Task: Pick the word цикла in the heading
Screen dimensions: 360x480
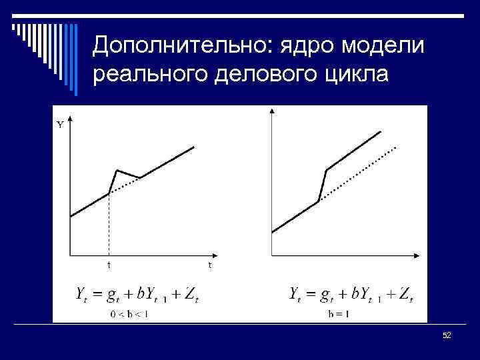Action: click(354, 74)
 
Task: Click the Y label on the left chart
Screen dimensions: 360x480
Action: click(59, 125)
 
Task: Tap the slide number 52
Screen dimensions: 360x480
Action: click(447, 336)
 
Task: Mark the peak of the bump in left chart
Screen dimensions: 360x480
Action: click(117, 170)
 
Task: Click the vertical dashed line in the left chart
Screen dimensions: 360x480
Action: click(109, 227)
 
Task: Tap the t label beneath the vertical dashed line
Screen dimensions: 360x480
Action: click(109, 264)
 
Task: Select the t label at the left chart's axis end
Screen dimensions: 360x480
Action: click(210, 264)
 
